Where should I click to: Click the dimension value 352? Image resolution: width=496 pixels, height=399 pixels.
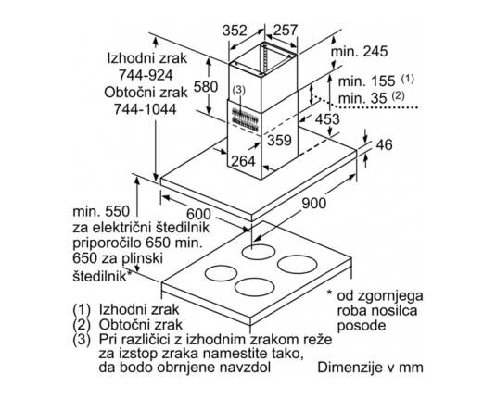(235, 31)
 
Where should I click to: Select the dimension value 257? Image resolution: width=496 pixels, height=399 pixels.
(286, 30)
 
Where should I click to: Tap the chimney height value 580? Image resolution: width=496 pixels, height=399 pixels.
(206, 87)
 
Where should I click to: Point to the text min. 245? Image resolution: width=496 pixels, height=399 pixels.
(359, 51)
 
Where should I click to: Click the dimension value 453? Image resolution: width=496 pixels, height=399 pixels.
(327, 119)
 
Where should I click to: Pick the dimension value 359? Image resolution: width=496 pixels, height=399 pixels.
(279, 140)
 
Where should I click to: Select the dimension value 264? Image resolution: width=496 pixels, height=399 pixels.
(243, 161)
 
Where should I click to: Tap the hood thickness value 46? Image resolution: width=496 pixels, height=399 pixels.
(384, 144)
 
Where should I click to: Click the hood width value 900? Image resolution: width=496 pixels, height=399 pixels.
(313, 203)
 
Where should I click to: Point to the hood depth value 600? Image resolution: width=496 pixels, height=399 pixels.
(198, 214)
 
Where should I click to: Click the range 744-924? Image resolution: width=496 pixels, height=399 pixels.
(146, 75)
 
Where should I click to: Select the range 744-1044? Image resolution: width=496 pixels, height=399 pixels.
(146, 109)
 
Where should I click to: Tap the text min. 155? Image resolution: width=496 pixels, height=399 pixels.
(366, 81)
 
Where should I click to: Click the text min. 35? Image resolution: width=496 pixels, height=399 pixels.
(362, 98)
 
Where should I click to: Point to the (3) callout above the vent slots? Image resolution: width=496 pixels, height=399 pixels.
(239, 91)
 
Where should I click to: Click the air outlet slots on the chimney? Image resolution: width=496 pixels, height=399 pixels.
(244, 118)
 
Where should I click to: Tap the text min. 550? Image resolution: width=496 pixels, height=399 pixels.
(101, 211)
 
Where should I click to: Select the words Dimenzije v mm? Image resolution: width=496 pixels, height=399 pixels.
(371, 368)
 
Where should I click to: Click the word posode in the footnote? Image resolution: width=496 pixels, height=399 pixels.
(362, 325)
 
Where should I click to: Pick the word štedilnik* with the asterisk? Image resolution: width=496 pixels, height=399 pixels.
(102, 276)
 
